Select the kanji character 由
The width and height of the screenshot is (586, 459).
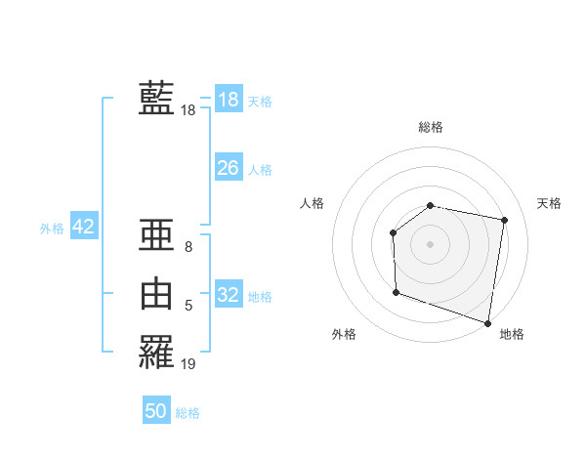pos(156,294)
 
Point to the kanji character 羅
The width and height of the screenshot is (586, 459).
pos(156,351)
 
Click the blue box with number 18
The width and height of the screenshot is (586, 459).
pos(229,99)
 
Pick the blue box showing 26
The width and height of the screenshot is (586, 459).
pos(229,168)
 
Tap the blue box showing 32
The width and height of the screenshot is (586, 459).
pos(229,294)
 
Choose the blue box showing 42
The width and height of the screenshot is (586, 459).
pos(83,227)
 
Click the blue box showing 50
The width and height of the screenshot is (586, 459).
pos(156,411)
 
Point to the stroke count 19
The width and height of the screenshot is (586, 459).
pos(188,363)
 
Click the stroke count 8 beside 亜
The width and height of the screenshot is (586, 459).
pos(188,247)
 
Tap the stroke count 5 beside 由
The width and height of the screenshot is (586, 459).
pos(188,307)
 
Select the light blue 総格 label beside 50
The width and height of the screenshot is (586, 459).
pos(188,413)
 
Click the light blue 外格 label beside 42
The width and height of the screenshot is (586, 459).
pos(52,229)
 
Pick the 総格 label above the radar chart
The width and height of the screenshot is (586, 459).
pos(431,127)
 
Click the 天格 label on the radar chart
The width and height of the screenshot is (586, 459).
pos(549,203)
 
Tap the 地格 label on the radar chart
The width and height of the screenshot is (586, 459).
pos(512,334)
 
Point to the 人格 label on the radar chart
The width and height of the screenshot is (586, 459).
pos(313,203)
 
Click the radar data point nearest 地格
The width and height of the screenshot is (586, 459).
pos(487,321)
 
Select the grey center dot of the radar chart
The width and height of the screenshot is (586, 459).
pos(430,243)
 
